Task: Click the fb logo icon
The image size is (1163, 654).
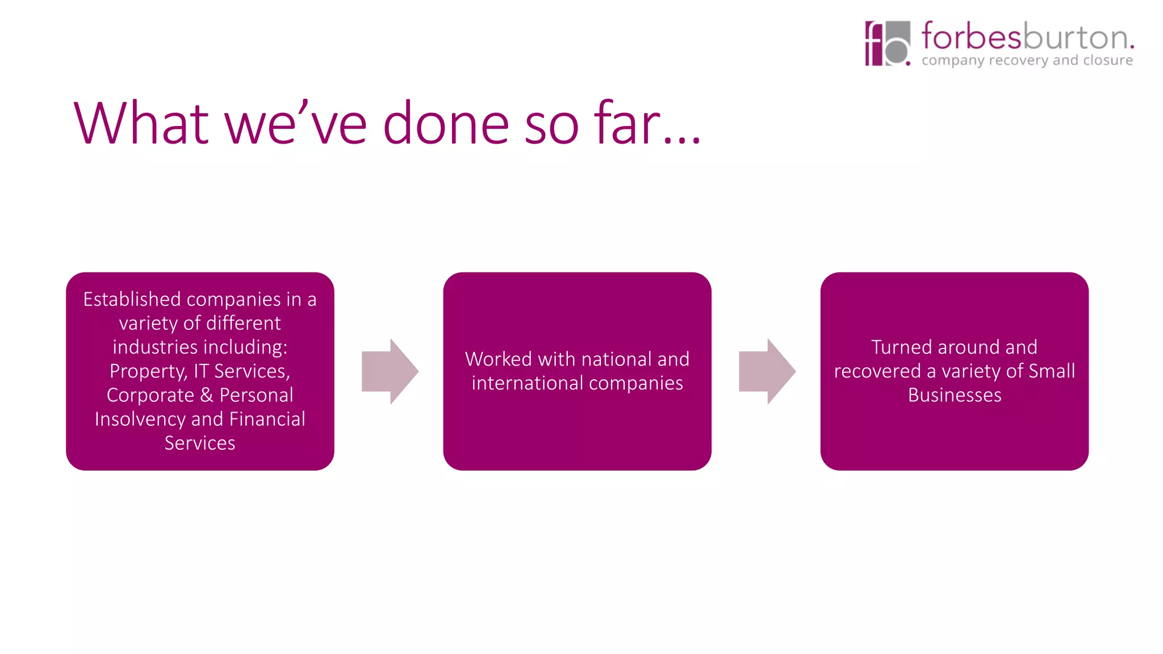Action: [887, 44]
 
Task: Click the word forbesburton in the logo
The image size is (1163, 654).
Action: [1027, 37]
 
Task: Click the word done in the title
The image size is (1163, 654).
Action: [446, 124]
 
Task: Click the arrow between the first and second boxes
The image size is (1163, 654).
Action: [390, 371]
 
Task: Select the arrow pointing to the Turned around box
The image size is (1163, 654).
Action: [767, 371]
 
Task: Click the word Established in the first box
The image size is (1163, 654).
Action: [132, 299]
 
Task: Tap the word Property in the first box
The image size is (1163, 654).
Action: [147, 371]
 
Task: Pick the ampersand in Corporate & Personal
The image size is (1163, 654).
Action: [207, 395]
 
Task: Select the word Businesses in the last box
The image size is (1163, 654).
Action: [955, 395]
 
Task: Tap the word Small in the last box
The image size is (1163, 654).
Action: [1052, 371]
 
